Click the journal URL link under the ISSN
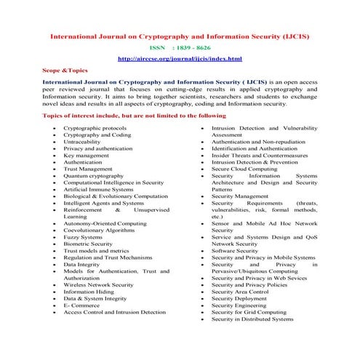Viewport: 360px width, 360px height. (180, 59)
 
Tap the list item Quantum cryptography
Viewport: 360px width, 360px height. (93, 175)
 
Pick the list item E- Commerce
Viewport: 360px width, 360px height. (81, 304)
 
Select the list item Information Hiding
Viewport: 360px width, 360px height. (90, 291)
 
